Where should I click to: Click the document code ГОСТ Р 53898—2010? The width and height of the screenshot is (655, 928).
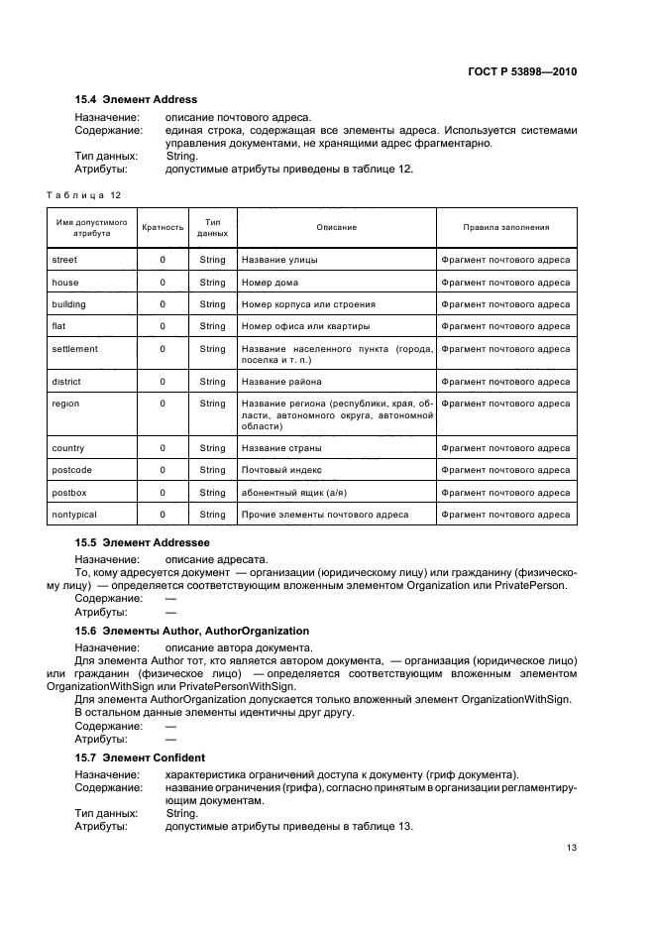522,72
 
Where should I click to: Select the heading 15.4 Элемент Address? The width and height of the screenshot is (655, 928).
136,99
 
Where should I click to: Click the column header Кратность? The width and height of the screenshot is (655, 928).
163,227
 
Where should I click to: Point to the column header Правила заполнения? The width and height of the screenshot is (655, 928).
505,227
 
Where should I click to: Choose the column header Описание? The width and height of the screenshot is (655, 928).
336,227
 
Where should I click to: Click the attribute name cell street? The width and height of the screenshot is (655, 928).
64,260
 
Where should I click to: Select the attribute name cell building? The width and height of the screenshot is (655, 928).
68,304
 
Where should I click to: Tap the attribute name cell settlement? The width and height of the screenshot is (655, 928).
74,349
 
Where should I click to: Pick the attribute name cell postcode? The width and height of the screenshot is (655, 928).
71,470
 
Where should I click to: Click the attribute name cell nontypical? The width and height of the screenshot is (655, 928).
74,515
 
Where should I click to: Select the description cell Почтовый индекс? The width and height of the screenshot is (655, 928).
281,470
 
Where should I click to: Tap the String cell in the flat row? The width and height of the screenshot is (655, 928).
212,326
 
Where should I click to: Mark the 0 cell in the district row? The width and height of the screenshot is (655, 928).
163,382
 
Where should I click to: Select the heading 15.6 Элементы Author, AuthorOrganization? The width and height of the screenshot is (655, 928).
192,631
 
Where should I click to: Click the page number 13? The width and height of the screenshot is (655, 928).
572,848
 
